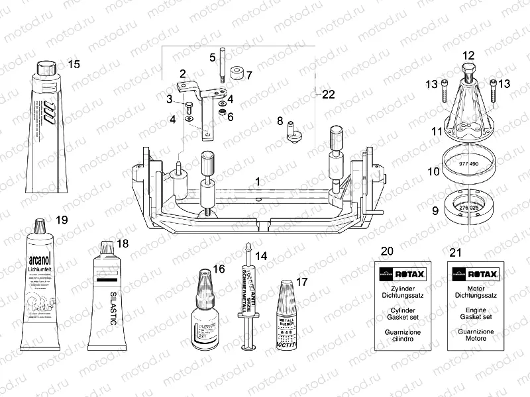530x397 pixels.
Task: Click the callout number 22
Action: (x=328, y=94)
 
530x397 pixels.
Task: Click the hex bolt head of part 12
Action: (x=468, y=69)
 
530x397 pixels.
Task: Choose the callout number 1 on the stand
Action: (x=257, y=180)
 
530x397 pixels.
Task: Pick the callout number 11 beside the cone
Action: (x=435, y=132)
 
